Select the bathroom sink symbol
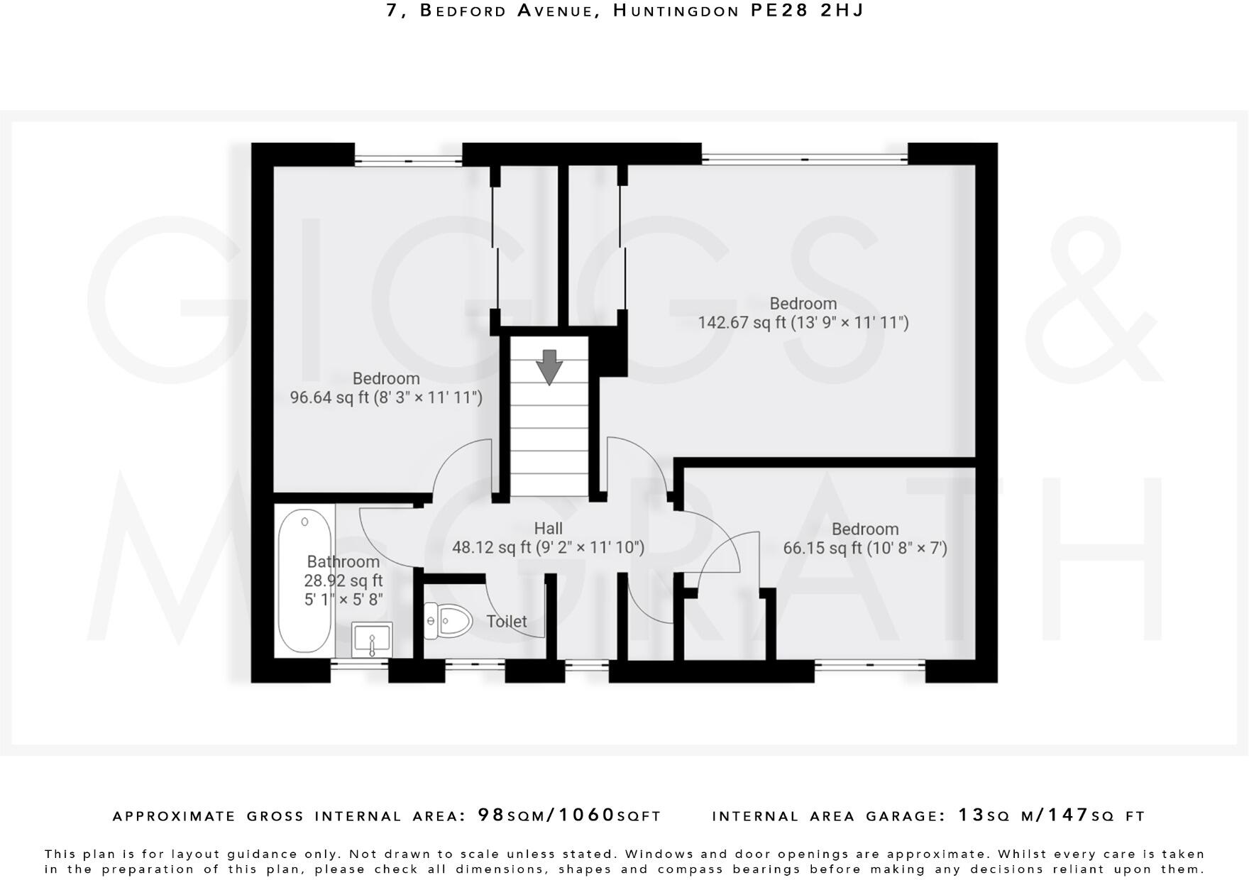pos(372,639)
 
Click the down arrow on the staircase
pos(549,367)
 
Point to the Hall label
pos(548,528)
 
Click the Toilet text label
pos(507,622)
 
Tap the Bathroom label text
pos(343,561)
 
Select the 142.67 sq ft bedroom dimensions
pos(803,323)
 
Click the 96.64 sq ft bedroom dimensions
pos(386,397)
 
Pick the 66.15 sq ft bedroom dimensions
pos(865,548)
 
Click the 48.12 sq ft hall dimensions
pos(548,547)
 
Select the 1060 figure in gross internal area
pos(586,815)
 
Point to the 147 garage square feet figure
pos(1069,815)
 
